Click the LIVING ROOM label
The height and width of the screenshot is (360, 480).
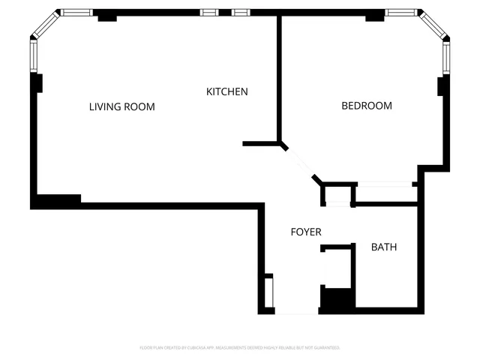121,106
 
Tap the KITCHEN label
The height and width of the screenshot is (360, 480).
226,91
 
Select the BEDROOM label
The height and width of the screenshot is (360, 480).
366,106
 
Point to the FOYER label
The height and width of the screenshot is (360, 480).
306,232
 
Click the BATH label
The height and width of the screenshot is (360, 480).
384,247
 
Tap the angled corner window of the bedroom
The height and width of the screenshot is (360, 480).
434,25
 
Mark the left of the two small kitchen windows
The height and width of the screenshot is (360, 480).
209,12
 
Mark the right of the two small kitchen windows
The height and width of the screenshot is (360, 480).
240,12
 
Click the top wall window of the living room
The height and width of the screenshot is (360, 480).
75,12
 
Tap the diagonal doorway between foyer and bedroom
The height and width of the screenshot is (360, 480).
300,162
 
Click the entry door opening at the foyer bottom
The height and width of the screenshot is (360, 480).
296,313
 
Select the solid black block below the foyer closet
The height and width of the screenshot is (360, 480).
337,299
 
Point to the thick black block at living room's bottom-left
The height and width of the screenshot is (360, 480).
57,201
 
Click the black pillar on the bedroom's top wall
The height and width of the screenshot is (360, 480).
374,16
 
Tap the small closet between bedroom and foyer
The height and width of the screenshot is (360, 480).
337,194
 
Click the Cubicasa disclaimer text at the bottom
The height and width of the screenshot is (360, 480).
240,348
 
